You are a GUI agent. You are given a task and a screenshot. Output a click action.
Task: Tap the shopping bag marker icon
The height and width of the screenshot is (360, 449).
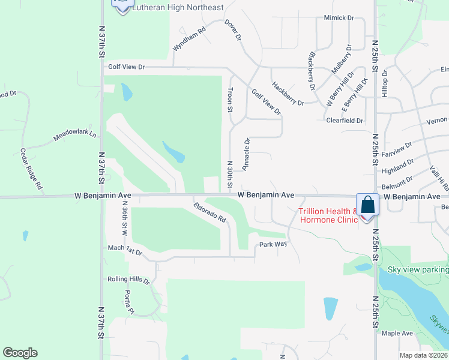coord(367,205)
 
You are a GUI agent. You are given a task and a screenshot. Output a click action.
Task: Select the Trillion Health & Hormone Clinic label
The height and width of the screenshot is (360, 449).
coord(328,215)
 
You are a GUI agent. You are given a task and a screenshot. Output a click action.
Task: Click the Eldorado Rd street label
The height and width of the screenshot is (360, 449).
coord(209,211)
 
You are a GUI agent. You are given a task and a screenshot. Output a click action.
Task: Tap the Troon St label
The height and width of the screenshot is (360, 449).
coord(229,100)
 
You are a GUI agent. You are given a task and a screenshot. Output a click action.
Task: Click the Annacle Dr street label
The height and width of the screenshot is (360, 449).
coord(246,153)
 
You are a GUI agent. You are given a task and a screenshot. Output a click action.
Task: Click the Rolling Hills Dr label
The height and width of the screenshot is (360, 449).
coord(128,280)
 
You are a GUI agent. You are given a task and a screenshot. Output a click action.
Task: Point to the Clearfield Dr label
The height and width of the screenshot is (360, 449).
coord(345,121)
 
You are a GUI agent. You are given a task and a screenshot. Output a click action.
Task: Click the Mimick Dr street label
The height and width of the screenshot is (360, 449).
coord(339,18)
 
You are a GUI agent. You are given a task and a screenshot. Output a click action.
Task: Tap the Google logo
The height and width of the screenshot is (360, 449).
coord(20,353)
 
